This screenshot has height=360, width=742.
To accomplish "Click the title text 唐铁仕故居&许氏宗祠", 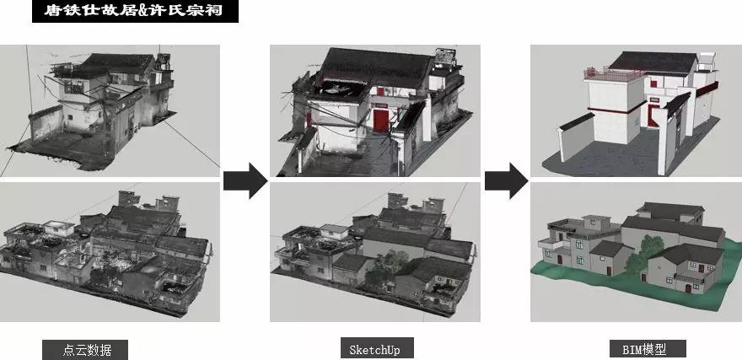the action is coord(133,10).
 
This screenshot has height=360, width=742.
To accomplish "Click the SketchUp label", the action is coord(374,350).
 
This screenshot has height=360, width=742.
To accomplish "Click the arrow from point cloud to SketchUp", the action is coord(245,180).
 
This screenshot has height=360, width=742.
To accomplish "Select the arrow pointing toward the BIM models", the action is coord(507,180).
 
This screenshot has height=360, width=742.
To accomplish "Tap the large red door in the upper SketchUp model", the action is coord(380,121).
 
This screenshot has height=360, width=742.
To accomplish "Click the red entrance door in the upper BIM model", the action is coord(652,116).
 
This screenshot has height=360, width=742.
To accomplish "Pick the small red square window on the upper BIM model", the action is coord(653,84).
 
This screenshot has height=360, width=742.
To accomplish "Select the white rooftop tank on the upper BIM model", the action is coord(706,61).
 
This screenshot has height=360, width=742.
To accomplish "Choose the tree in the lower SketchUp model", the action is coord(386,270).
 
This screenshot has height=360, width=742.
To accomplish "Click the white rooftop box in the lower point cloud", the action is coord(59,228).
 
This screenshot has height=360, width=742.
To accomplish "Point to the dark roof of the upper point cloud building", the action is coord(118,63).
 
